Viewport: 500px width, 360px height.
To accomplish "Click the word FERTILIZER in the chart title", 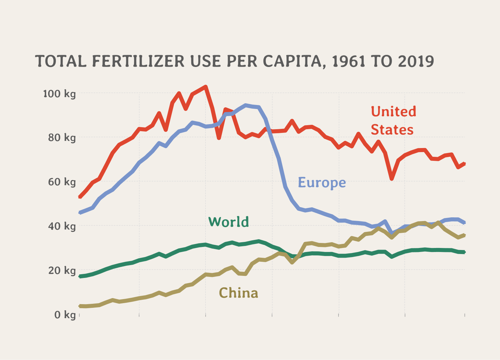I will pos(138,61).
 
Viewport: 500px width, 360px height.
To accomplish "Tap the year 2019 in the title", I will pos(415,61).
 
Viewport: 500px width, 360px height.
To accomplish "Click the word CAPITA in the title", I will pos(294,61).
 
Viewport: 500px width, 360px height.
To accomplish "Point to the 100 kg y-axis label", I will pos(60,94).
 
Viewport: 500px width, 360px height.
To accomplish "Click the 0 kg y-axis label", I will pos(65,315).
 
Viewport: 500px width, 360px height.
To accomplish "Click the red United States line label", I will pos(393,120).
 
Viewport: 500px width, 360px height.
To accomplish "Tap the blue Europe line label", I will pos(322,182).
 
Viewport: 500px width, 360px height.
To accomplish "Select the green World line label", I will pos(229,222).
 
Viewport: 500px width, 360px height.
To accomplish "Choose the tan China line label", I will pos(238,293).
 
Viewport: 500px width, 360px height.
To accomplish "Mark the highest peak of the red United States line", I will pos(206,87).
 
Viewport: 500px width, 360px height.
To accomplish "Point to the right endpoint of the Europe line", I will pos(465,222).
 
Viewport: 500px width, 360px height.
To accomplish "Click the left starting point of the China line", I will pos(79,306).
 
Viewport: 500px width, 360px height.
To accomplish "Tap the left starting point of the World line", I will pos(79,276).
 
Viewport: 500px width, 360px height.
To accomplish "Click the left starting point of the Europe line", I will pos(79,213).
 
